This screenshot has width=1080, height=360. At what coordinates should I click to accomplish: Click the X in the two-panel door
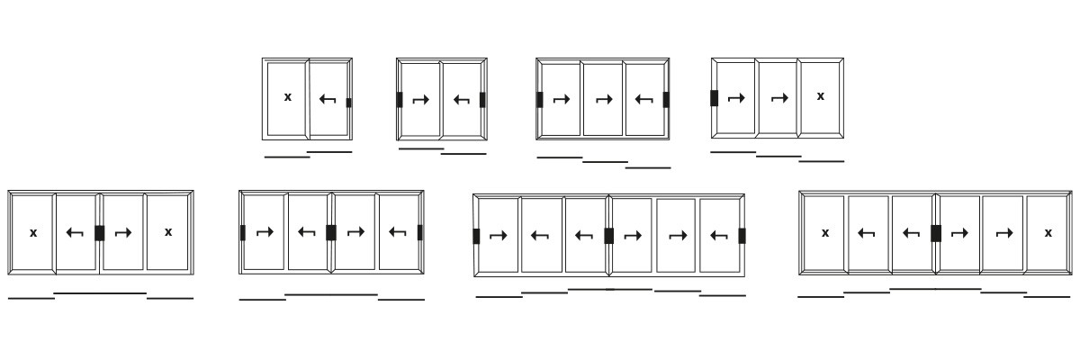[x=288, y=97]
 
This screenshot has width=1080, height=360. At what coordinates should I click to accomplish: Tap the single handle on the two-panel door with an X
[x=349, y=103]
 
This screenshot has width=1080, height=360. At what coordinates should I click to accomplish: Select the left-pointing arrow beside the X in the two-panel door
[x=328, y=100]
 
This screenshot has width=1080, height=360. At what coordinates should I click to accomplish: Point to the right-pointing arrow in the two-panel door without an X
[x=421, y=100]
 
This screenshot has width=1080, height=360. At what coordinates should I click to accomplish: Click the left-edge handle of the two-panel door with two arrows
[x=400, y=100]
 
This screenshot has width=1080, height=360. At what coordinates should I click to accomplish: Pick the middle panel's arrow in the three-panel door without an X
[x=604, y=99]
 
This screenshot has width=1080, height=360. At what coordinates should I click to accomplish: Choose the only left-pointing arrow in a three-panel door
[x=643, y=99]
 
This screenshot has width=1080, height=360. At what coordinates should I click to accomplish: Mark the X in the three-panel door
[x=821, y=96]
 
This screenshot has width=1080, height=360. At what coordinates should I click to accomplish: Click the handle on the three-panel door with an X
[x=715, y=98]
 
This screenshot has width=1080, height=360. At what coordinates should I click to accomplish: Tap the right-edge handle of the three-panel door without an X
[x=666, y=100]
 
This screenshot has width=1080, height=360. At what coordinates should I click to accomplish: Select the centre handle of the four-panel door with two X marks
[x=100, y=233]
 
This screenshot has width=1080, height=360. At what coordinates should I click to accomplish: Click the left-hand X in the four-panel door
[x=33, y=233]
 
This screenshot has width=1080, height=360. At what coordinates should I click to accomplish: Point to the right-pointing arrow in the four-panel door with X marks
[x=123, y=233]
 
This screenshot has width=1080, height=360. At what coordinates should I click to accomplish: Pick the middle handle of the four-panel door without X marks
[x=331, y=233]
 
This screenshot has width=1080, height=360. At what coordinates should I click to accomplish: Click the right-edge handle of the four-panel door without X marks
[x=420, y=233]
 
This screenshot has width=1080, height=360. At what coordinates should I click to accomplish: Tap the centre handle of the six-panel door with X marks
[x=936, y=233]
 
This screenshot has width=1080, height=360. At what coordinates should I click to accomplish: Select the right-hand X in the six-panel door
[x=1048, y=233]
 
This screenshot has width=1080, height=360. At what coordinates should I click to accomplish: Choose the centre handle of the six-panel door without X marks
[x=609, y=236]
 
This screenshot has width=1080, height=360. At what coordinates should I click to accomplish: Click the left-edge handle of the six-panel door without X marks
[x=476, y=236]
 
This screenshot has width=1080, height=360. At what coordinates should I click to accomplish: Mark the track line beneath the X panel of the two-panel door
[x=287, y=157]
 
